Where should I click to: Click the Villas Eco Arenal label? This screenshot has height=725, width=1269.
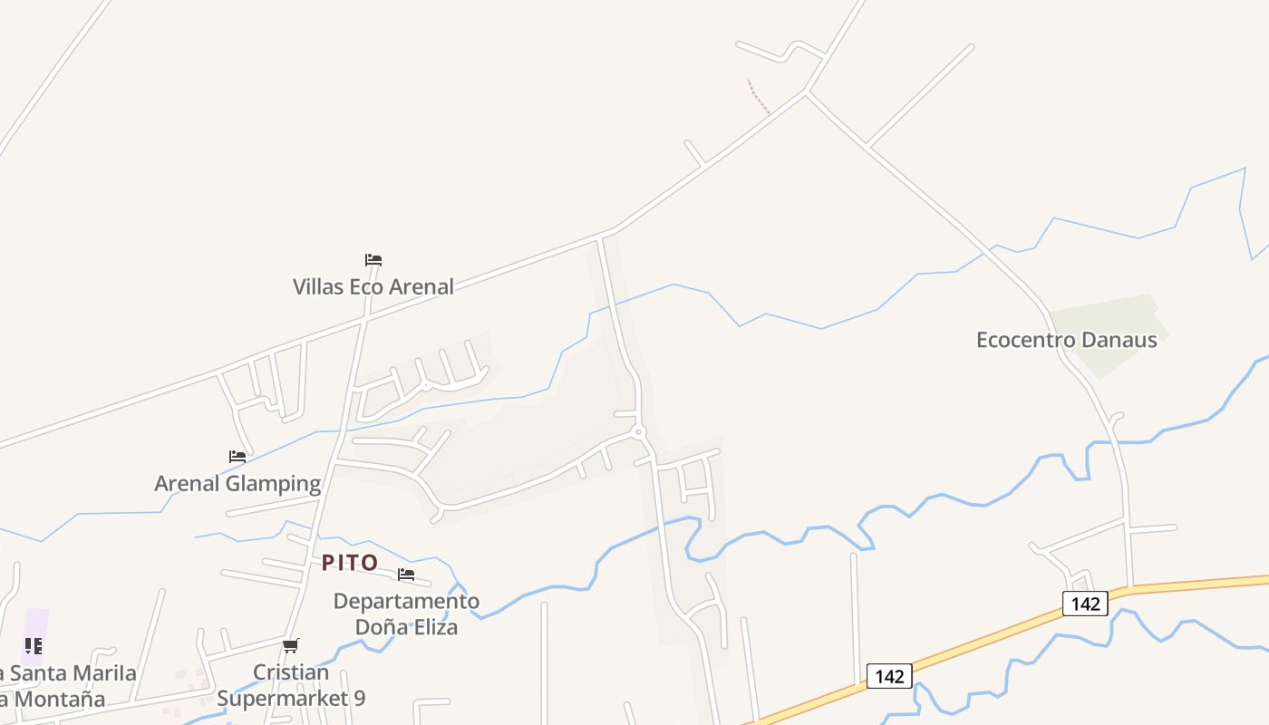tap(373, 286)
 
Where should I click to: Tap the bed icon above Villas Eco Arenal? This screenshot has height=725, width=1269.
tap(373, 260)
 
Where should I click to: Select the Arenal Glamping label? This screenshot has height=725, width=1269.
tap(237, 483)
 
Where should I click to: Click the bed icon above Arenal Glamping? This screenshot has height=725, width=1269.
tap(237, 457)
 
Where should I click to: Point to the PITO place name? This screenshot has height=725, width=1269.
tap(350, 563)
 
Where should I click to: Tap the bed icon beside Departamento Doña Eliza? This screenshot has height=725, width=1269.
tap(406, 575)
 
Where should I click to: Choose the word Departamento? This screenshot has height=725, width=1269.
tap(406, 601)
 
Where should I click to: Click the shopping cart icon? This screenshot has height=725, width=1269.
tap(290, 646)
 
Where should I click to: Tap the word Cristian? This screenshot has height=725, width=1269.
tap(290, 672)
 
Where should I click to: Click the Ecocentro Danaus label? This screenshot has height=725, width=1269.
tap(1066, 340)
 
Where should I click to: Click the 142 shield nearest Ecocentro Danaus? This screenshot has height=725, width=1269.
tap(1085, 603)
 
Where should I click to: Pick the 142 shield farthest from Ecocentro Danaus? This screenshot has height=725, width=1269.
tap(889, 676)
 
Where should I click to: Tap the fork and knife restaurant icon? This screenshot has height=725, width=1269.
tap(33, 646)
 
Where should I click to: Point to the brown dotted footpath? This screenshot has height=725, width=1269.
tap(758, 96)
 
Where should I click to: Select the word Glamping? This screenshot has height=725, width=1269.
tap(273, 483)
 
